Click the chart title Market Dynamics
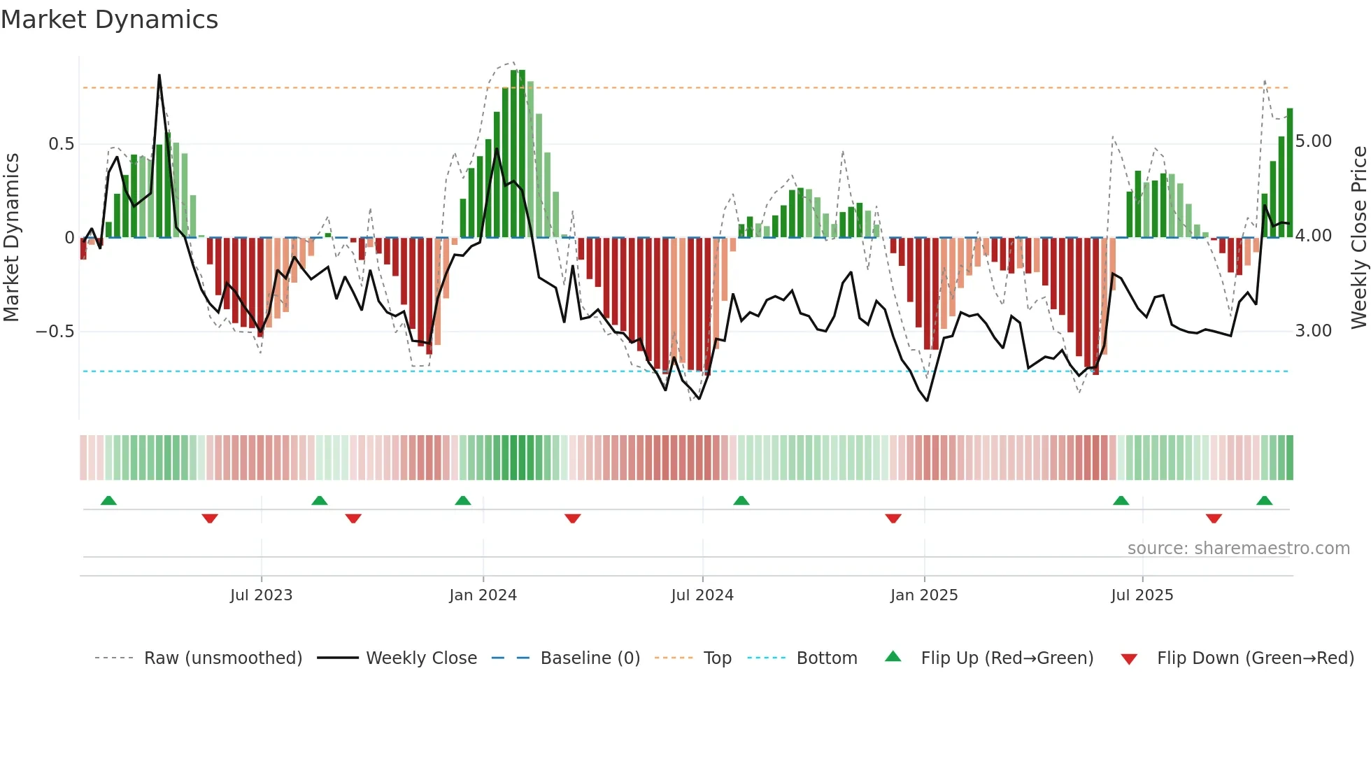[109, 20]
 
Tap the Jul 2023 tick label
[261, 595]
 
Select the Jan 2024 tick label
[483, 595]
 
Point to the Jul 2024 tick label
[702, 595]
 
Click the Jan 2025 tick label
[924, 595]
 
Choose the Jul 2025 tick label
[1142, 595]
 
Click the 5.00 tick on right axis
[1313, 141]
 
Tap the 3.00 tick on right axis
[1313, 331]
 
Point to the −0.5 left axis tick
[55, 331]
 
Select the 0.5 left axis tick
[61, 144]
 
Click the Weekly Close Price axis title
[1358, 237]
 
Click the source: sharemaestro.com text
[1238, 549]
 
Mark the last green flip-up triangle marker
[1264, 501]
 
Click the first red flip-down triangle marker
[210, 518]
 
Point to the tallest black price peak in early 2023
[159, 76]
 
